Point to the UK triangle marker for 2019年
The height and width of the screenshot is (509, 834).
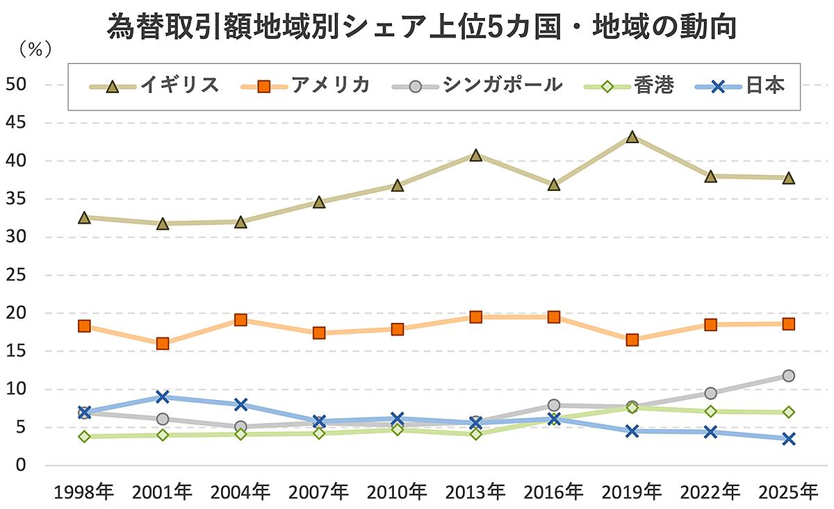[x=632, y=137]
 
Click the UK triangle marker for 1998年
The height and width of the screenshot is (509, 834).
[x=84, y=217]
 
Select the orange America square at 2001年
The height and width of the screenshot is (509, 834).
[x=163, y=344]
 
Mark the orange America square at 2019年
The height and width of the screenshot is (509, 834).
[x=632, y=340]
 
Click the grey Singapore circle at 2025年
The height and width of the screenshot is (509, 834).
[x=788, y=376]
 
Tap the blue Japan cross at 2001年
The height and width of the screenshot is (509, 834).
[x=163, y=397]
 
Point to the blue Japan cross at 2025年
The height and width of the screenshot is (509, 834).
[x=788, y=439]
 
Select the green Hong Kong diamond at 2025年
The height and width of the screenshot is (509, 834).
[x=788, y=412]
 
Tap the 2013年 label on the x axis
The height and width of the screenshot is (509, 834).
[x=475, y=492]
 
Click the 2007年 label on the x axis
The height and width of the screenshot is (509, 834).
[x=319, y=492]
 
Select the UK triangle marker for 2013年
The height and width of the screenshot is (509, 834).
[x=475, y=155]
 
